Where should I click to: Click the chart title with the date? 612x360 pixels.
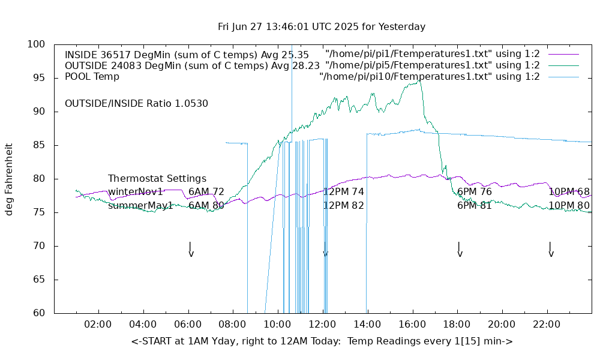(x=322, y=27)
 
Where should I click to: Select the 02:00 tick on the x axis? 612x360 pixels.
(x=98, y=325)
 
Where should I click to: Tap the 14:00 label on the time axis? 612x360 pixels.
(x=367, y=325)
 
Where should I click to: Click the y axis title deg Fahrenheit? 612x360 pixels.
(x=10, y=179)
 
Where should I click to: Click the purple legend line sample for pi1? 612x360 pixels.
(x=563, y=55)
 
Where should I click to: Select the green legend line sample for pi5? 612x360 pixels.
(x=563, y=65)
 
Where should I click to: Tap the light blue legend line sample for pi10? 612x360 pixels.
(x=563, y=77)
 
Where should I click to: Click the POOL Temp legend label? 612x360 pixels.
(x=92, y=77)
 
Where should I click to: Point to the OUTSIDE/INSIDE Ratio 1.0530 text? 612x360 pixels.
(x=136, y=104)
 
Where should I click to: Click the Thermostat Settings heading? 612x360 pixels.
(x=157, y=179)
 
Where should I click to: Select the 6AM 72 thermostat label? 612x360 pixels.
(x=206, y=192)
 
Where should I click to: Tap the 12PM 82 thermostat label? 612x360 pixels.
(x=344, y=206)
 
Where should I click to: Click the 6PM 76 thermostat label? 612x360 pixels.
(x=475, y=192)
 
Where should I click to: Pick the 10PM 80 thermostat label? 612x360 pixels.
(x=569, y=206)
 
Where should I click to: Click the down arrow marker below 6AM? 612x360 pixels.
(x=190, y=250)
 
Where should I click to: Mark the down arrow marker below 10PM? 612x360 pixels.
(x=550, y=250)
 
